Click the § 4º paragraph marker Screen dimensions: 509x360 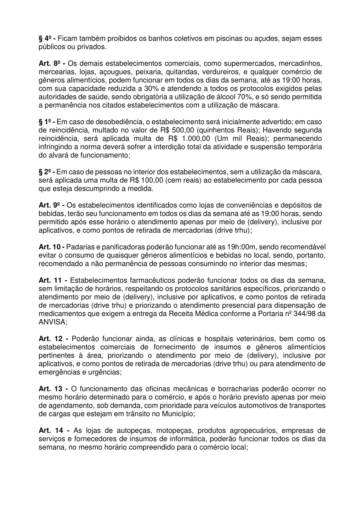[x=46, y=39]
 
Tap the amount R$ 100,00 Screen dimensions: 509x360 [x=142, y=180]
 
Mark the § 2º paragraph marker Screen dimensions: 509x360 [x=46, y=172]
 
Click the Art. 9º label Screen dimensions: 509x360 [x=50, y=205]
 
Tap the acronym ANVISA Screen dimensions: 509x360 [x=52, y=321]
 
